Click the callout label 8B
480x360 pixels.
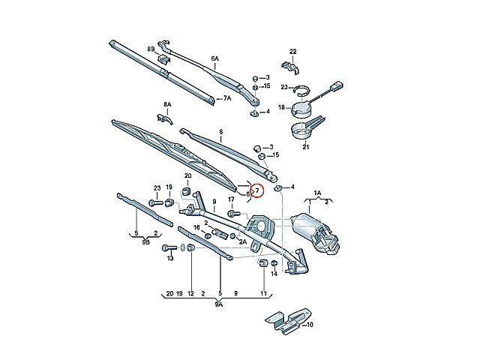click(151, 49)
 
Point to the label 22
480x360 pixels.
click(293, 50)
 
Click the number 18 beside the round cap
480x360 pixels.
click(282, 107)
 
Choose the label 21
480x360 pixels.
click(305, 148)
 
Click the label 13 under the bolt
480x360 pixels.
click(170, 259)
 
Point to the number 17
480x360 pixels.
click(231, 199)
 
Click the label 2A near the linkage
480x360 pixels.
click(242, 242)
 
